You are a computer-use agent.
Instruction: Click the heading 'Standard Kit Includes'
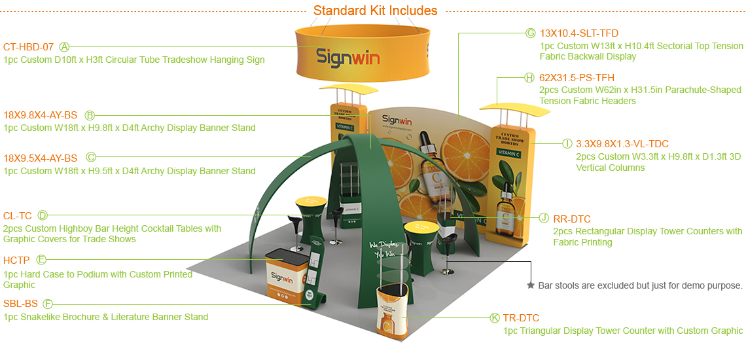point(375,10)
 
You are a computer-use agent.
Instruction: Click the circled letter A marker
point(65,46)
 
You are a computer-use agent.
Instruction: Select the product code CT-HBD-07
point(28,46)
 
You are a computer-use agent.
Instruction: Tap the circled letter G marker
point(531,33)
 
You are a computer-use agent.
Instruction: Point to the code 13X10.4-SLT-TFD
point(578,33)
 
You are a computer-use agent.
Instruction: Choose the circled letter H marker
point(529,77)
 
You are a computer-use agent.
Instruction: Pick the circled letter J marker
point(544,219)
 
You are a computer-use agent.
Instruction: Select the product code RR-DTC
point(572,219)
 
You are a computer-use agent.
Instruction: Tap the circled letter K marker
point(495,318)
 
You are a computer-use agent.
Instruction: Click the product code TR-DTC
point(521,318)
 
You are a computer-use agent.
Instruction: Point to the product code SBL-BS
point(20,304)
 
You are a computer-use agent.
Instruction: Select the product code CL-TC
point(17,215)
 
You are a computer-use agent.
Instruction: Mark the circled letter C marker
point(91,157)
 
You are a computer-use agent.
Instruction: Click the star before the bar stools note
point(531,285)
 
